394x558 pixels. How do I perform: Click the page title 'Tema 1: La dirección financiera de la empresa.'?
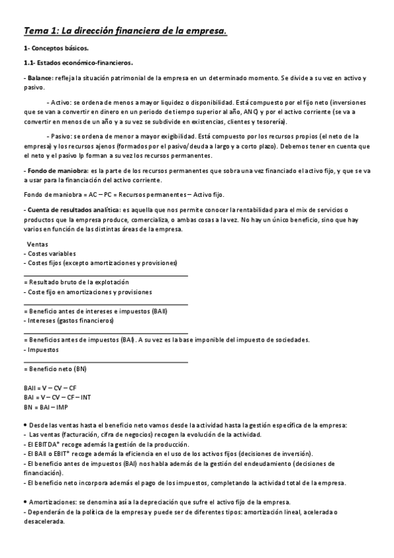(126, 31)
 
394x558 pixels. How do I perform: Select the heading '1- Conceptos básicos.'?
(55, 49)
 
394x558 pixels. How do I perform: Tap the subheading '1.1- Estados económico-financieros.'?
(78, 63)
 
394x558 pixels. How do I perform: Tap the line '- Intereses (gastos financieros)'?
(68, 320)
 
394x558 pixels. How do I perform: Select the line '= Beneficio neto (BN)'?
(55, 368)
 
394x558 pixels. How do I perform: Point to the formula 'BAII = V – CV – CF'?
(50, 388)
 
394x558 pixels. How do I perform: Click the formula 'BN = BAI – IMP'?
(45, 407)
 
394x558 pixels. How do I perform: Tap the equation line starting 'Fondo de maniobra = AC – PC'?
(124, 195)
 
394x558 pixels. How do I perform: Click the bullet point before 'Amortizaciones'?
(24, 502)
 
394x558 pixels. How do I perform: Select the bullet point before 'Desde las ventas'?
(24, 426)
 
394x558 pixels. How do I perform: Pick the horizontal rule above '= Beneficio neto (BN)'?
(105, 361)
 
